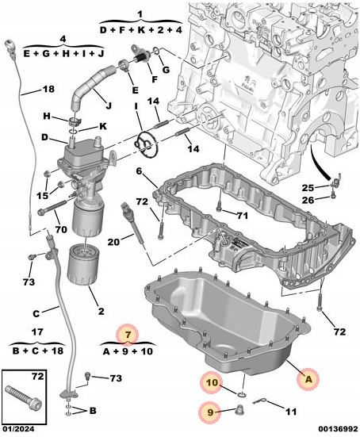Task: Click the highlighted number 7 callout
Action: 128,334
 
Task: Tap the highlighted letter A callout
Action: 308,379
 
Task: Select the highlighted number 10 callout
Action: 212,382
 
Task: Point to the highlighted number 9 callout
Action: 210,412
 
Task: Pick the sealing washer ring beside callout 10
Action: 241,394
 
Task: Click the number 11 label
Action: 291,412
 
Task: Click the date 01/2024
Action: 19,428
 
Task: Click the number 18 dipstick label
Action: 48,89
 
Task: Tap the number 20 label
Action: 114,242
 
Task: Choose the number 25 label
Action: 308,188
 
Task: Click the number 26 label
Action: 308,200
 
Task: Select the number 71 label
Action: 243,215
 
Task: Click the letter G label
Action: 166,69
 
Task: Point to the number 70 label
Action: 61,229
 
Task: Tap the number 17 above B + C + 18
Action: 37,332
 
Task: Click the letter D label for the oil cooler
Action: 44,137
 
